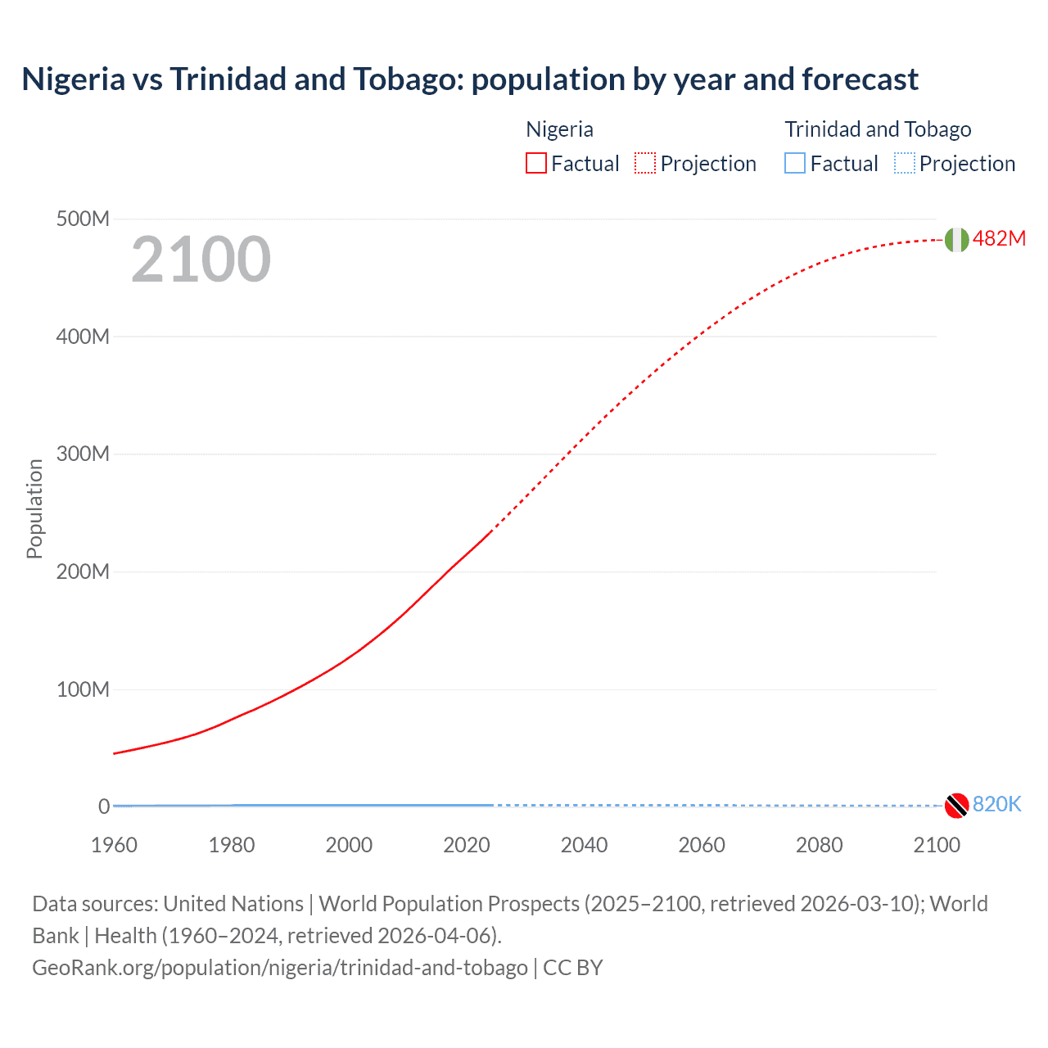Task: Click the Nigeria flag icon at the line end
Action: tap(956, 239)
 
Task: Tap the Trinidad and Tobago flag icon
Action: tap(956, 806)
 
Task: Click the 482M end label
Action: tap(999, 238)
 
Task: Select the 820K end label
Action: tap(996, 804)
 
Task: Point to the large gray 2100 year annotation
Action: tap(201, 260)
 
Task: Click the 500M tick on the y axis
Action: tap(83, 219)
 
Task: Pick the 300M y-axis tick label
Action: tap(83, 454)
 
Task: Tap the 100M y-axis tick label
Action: tap(83, 689)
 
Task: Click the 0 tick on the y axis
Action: tap(103, 806)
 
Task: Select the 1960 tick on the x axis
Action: tap(114, 845)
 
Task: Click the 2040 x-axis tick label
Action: tap(584, 845)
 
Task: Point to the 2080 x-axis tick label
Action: tap(819, 845)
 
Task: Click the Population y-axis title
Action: tap(34, 508)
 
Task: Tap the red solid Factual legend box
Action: tap(536, 163)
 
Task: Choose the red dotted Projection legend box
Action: tap(645, 163)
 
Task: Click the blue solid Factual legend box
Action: tap(795, 163)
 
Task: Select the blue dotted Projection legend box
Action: tap(905, 163)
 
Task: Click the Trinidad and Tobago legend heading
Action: tap(878, 129)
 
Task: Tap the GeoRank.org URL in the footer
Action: tap(280, 967)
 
